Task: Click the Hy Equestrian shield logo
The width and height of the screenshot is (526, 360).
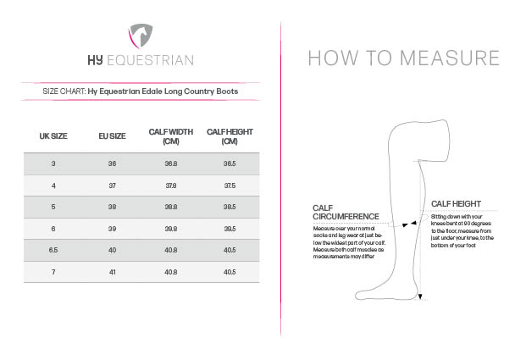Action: point(141,36)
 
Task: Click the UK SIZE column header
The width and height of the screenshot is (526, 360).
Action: point(53,136)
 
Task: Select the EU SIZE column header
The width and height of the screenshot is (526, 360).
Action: point(112,136)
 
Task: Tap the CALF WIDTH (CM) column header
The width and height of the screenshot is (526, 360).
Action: point(171,136)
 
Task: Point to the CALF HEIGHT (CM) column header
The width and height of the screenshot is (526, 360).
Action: point(230,136)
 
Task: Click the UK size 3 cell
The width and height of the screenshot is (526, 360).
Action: point(53,163)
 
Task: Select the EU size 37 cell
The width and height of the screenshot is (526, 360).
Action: point(113,186)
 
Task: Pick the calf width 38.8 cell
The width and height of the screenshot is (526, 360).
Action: point(171,207)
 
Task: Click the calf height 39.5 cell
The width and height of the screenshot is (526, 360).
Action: point(230,229)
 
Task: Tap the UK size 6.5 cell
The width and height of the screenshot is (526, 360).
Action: point(53,250)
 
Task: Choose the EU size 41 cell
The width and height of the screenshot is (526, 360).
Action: point(113,272)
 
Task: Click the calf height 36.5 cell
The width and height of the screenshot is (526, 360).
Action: point(230,163)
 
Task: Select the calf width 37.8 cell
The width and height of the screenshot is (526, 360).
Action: point(171,186)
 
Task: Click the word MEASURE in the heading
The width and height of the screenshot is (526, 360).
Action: point(450,58)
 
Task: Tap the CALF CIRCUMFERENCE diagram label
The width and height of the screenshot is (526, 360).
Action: point(346,213)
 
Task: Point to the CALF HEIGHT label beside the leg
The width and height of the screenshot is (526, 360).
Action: point(456,204)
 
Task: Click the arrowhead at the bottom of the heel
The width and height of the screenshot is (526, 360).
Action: point(420,296)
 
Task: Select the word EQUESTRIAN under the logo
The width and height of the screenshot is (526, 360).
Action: point(150,60)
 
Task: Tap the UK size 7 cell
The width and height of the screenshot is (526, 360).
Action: point(53,272)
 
